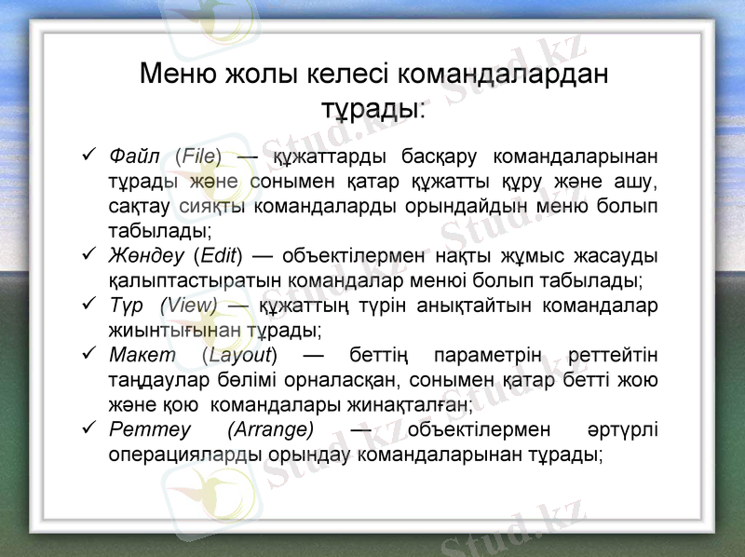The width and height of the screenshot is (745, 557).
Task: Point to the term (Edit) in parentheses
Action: coord(219,254)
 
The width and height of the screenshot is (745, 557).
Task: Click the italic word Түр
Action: coord(126,305)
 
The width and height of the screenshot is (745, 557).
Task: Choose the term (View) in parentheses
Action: coord(189,305)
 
